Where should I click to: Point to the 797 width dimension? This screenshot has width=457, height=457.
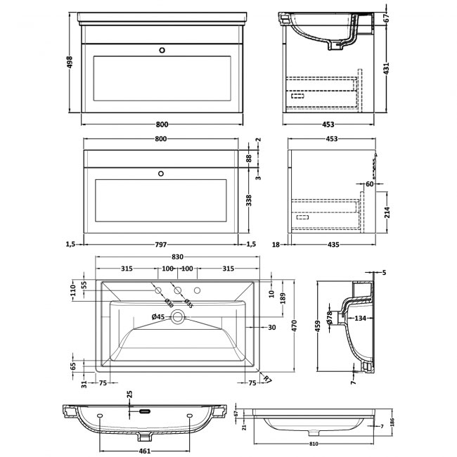(x=161, y=244)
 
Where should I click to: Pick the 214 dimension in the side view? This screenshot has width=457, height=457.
(x=385, y=212)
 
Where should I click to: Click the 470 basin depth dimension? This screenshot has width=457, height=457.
(x=295, y=326)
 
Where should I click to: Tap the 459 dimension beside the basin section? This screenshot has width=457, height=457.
(x=318, y=326)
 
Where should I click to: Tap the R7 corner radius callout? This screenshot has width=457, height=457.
(x=266, y=380)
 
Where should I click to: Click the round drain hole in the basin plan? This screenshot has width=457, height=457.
(x=180, y=318)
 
